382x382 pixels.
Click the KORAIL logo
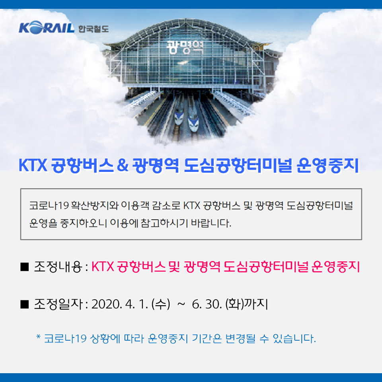47,27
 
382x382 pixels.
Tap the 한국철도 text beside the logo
94,29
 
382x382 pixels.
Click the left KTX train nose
179,119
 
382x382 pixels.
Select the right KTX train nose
193,124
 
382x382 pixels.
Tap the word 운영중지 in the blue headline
327,166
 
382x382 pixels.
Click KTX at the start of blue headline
33,166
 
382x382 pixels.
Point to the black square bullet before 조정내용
25,267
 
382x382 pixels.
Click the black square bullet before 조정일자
25,304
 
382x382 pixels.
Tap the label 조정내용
58,267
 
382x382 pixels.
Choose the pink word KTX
103,267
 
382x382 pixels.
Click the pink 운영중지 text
335,267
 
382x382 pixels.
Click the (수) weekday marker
160,304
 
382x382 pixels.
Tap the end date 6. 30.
207,304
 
